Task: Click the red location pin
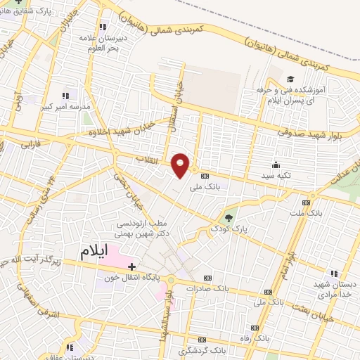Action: pos(181,165)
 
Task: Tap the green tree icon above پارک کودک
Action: pos(228,217)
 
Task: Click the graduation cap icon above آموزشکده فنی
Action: pos(290,79)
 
